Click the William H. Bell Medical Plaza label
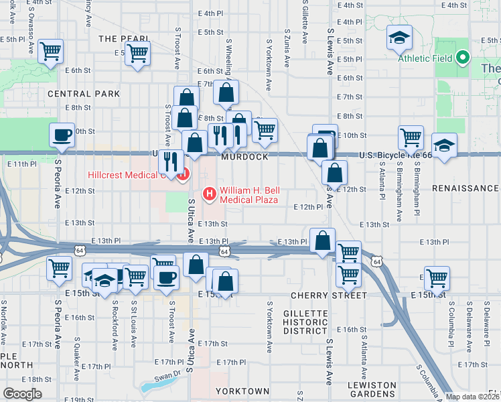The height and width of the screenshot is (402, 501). pyautogui.click(x=250, y=195)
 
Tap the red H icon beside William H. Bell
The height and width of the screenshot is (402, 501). pyautogui.click(x=209, y=195)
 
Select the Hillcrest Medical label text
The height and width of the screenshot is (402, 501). pyautogui.click(x=125, y=176)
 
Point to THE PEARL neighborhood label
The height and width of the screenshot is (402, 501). pyautogui.click(x=118, y=39)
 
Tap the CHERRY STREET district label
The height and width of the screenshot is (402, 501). pyautogui.click(x=328, y=295)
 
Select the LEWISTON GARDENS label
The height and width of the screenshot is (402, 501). pyautogui.click(x=372, y=390)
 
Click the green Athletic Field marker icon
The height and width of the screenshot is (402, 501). pyautogui.click(x=461, y=58)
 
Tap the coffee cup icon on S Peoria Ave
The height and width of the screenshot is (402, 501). pyautogui.click(x=62, y=134)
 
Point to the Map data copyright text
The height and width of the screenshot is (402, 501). pyautogui.click(x=472, y=397)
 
